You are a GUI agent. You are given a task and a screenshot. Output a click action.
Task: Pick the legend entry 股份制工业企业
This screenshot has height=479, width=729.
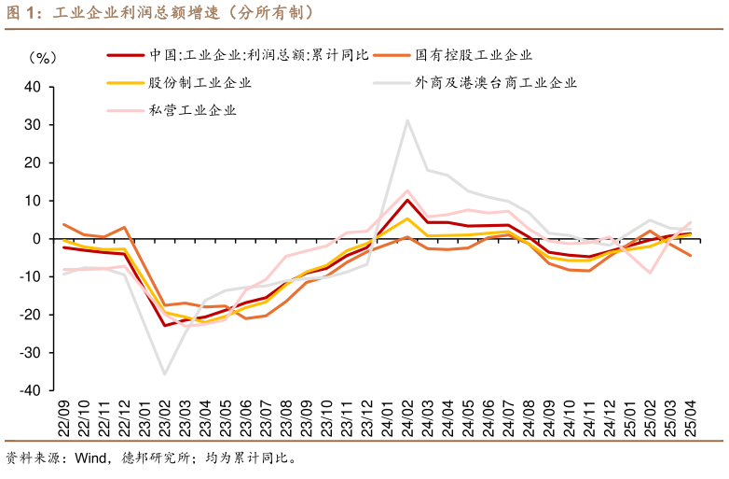tap(199, 82)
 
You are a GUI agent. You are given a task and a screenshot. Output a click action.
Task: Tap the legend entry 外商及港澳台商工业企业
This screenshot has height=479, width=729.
tap(496, 82)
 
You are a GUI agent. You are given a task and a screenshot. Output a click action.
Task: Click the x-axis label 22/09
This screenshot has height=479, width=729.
tap(64, 418)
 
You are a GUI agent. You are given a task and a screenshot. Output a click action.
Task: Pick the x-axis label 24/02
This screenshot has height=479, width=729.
tap(408, 418)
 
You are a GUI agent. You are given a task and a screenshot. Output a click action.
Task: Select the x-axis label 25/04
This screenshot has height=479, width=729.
tap(691, 418)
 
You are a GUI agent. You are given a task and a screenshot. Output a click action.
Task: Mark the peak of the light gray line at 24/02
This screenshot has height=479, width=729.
tap(407, 120)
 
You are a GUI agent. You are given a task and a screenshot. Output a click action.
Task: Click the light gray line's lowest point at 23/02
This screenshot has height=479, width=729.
tap(165, 374)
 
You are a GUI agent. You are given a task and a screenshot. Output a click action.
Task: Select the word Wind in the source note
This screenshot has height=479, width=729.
tap(91, 458)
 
